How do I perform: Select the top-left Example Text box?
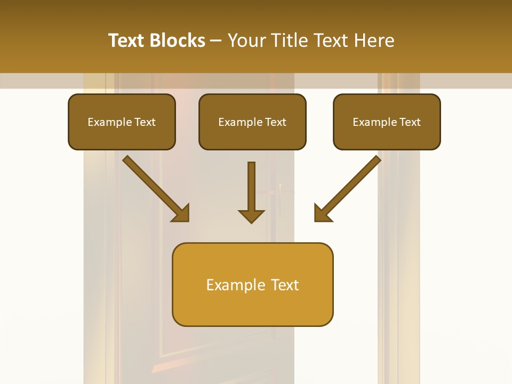point(122,122)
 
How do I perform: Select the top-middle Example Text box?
point(252,122)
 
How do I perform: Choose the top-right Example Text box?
point(387,122)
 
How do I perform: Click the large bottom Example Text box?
point(252,284)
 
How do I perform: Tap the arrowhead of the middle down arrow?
point(251,215)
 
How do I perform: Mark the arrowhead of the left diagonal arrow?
point(181,214)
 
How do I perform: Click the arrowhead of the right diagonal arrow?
point(322,214)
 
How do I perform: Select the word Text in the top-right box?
point(410,122)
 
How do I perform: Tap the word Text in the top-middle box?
point(275,122)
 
